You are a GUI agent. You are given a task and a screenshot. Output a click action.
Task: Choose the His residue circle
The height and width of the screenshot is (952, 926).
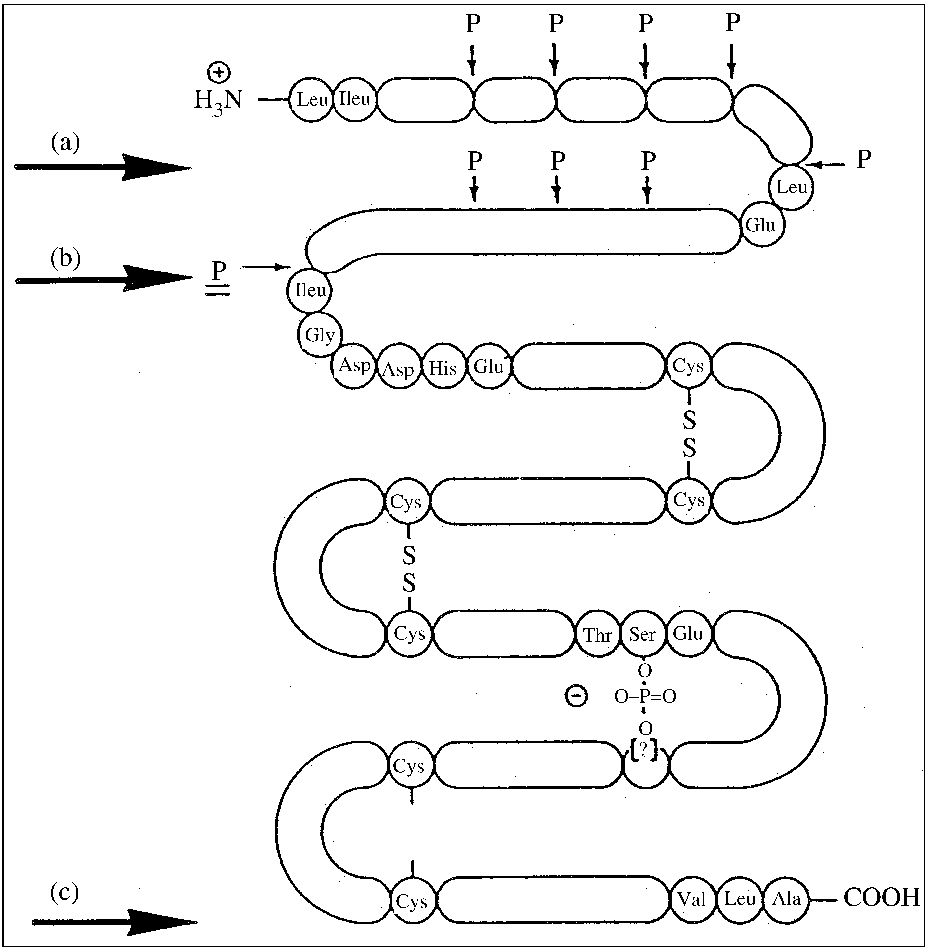[x=443, y=368]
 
